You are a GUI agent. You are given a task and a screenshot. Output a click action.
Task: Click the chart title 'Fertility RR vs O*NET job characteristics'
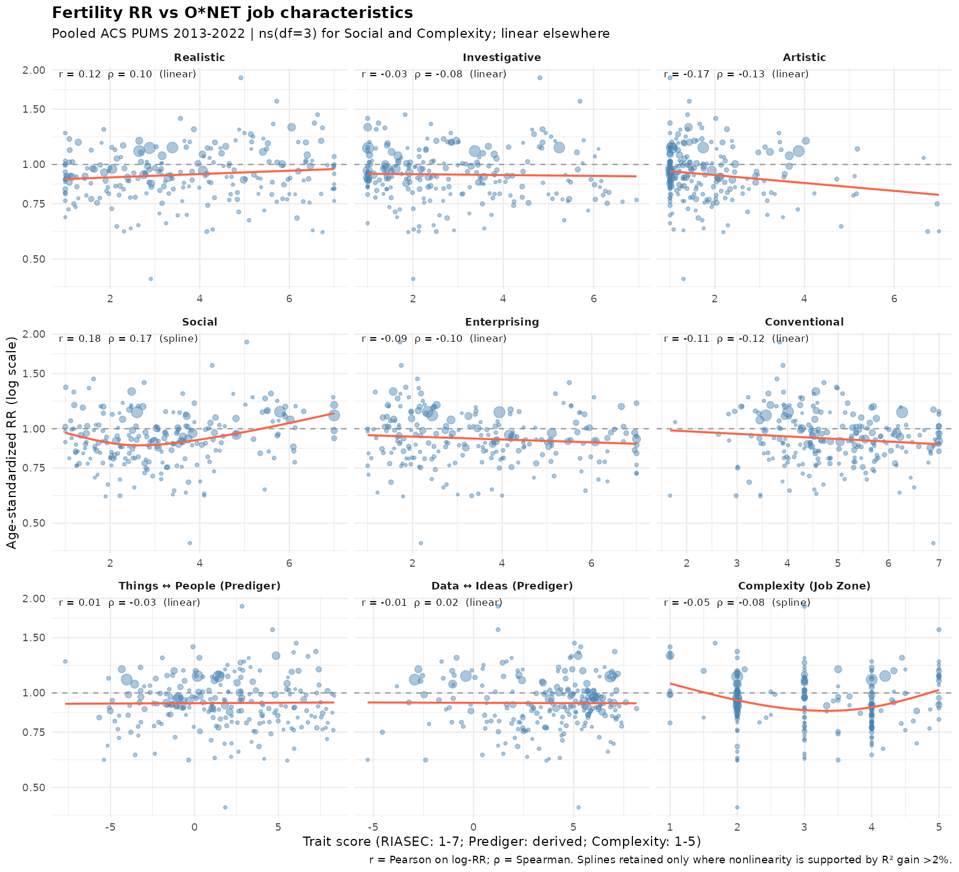pyautogui.click(x=232, y=13)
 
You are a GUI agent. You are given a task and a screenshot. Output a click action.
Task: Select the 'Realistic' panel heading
pyautogui.click(x=199, y=58)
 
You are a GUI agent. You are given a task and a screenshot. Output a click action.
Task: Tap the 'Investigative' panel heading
pyautogui.click(x=502, y=58)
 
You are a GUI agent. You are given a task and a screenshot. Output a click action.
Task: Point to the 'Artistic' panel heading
pyautogui.click(x=804, y=58)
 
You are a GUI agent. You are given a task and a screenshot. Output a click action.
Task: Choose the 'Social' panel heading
pyautogui.click(x=199, y=322)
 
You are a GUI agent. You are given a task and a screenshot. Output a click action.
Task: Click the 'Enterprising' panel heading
pyautogui.click(x=502, y=322)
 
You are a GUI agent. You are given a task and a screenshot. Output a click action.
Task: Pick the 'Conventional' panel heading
pyautogui.click(x=804, y=322)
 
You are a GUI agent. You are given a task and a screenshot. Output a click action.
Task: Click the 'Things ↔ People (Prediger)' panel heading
pyautogui.click(x=199, y=586)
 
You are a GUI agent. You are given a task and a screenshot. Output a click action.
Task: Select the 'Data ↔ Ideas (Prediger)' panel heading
pyautogui.click(x=502, y=586)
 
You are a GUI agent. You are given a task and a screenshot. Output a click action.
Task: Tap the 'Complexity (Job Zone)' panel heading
pyautogui.click(x=804, y=586)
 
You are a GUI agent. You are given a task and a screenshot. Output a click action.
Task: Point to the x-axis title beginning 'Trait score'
pyautogui.click(x=502, y=842)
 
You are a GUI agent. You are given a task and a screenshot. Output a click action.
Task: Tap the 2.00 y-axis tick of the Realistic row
pyautogui.click(x=34, y=70)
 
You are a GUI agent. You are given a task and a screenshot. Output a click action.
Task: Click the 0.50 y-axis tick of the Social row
pyautogui.click(x=34, y=523)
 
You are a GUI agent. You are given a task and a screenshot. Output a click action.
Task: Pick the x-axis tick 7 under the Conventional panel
pyautogui.click(x=939, y=563)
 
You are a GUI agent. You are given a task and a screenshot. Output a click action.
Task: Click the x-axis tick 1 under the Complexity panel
pyautogui.click(x=670, y=828)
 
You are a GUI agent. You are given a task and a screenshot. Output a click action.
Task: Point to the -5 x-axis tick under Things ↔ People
pyautogui.click(x=110, y=828)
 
